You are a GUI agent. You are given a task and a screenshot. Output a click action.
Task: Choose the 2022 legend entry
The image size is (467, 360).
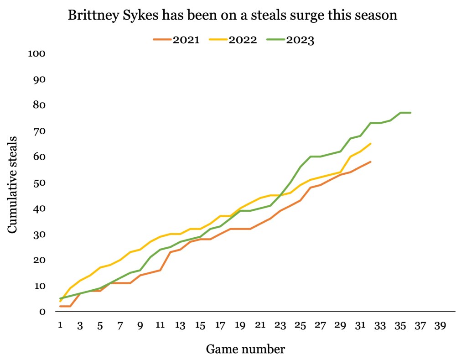point(233,40)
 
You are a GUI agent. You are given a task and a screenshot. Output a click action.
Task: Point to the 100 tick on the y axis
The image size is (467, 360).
point(37,53)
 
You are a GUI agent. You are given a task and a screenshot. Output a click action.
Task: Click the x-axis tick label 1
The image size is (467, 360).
point(60,326)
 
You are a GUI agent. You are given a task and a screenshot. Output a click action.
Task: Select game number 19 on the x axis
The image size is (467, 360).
point(240,326)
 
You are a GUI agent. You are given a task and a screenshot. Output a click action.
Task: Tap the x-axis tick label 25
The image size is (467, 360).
point(300,326)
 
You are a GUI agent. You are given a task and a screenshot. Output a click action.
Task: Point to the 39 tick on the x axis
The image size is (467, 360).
point(440,326)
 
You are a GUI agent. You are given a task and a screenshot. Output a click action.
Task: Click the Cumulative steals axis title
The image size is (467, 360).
point(13,184)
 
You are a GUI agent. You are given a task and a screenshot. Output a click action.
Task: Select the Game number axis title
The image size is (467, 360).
point(245,350)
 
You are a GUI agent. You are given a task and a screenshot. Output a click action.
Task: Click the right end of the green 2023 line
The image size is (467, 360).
point(410,113)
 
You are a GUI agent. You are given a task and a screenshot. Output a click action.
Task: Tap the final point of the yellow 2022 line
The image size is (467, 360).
point(370,144)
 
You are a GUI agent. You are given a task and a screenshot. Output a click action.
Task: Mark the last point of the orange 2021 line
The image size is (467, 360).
point(370,162)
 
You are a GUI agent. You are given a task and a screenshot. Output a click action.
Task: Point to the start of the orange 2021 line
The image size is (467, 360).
point(60,306)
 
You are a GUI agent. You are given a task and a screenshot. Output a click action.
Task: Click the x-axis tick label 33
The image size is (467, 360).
point(380,326)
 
